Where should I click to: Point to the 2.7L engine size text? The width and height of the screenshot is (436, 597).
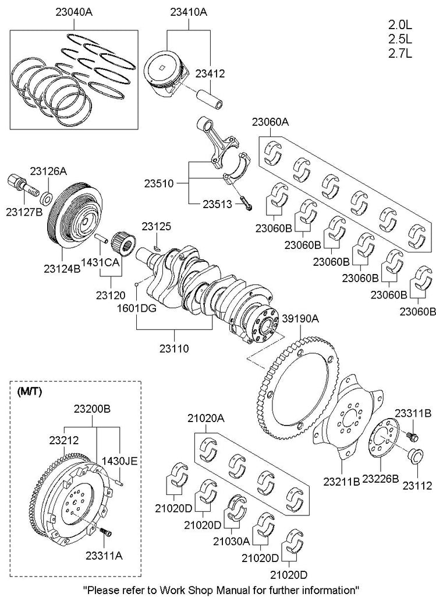400,53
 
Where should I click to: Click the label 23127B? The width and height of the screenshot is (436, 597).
24,211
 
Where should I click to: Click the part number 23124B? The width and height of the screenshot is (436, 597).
61,268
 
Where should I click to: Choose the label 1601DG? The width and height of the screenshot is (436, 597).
135,308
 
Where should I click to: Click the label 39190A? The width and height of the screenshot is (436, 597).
300,319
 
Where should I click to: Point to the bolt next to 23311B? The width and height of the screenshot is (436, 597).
413,436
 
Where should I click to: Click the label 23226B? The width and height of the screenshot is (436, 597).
380,479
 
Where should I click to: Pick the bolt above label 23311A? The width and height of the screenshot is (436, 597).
105,533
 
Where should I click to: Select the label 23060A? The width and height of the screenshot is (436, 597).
270,122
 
